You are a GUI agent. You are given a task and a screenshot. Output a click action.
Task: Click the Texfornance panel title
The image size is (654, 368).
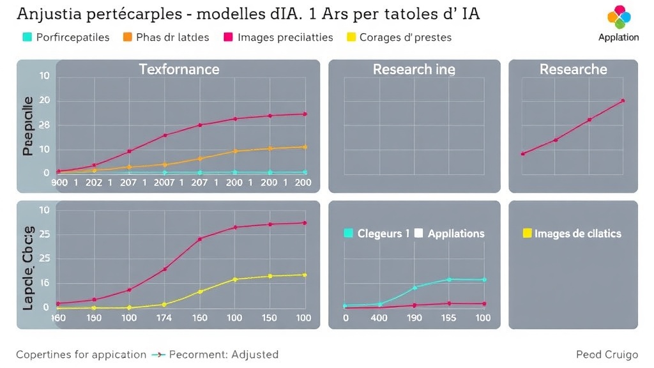[179, 69]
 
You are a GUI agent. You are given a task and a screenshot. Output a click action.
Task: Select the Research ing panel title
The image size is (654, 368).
[414, 69]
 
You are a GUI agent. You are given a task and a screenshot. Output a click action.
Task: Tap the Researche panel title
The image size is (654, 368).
[573, 69]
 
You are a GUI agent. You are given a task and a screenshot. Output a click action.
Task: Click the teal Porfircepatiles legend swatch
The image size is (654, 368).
[27, 37]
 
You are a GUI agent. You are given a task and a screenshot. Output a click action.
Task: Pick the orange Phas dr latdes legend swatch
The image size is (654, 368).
[127, 37]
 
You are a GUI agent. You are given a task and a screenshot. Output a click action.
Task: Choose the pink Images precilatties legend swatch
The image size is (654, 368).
[228, 37]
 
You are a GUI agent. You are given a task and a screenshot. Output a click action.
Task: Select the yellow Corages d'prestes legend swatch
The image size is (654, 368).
[351, 37]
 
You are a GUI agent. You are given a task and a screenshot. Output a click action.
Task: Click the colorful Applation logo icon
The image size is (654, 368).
[618, 17]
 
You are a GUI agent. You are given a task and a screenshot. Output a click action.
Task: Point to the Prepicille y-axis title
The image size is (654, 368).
[27, 125]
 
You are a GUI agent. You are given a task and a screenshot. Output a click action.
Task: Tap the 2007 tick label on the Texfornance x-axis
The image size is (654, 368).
[164, 183]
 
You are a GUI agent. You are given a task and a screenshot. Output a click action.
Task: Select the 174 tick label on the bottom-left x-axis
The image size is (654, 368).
[164, 318]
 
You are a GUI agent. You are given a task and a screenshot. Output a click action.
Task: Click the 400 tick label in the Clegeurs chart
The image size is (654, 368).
[379, 318]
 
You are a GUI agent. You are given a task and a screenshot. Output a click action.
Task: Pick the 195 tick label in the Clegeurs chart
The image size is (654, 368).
[449, 318]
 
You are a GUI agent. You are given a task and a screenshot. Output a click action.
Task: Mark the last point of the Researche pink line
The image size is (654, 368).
[623, 100]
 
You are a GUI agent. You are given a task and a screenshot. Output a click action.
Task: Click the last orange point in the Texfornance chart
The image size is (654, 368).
[305, 147]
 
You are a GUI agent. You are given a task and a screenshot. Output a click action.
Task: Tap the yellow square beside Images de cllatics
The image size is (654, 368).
[527, 233]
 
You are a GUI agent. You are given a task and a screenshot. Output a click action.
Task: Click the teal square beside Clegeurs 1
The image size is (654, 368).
[348, 233]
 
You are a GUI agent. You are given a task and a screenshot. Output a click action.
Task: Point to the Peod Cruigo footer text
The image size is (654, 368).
[607, 354]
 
